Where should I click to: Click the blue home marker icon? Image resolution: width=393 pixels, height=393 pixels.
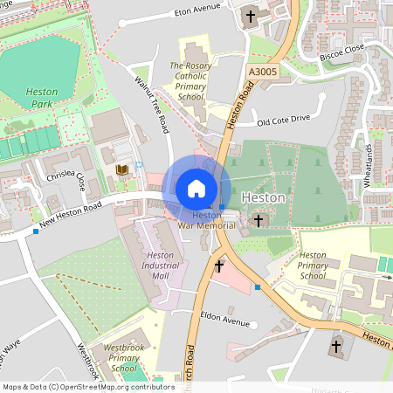196,189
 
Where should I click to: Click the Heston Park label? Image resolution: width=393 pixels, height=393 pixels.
41,97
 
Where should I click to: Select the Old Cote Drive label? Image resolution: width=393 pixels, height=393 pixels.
283,119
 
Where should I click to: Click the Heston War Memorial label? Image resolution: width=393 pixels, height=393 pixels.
207,220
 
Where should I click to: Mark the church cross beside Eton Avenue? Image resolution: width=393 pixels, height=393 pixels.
252,16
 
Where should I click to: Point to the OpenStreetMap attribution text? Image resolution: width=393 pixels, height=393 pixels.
87,386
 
